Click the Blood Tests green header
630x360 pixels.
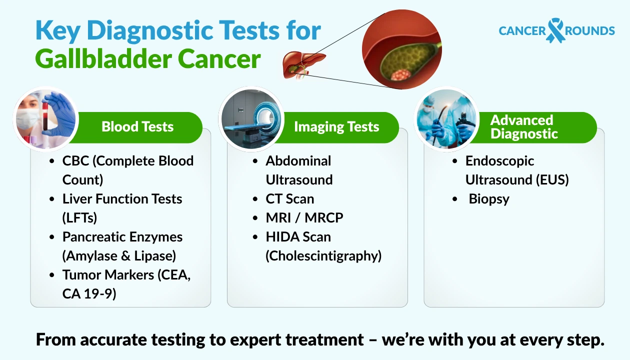coord(137,127)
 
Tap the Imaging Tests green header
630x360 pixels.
coord(336,127)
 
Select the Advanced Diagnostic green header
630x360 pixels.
coord(522,127)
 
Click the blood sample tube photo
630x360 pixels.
coord(46,120)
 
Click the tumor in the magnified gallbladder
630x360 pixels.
coord(401,75)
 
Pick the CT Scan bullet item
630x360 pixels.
coord(290,199)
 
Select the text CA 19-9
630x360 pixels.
coord(89,294)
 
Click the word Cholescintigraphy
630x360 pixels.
coord(323,256)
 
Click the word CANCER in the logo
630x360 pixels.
coord(522,31)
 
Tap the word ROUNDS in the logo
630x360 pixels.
coord(590,31)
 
